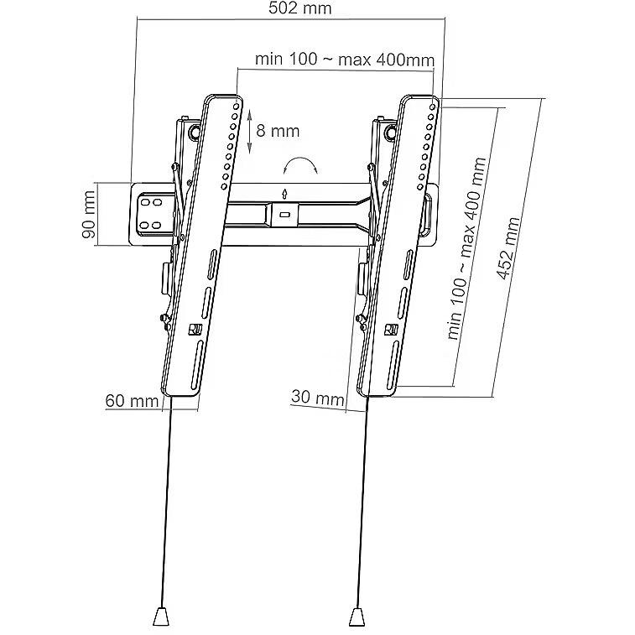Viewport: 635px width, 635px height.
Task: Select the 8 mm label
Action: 278,131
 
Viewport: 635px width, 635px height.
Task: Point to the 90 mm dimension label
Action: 88,215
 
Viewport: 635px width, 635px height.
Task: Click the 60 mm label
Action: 132,401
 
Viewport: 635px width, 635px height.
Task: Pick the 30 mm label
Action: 317,397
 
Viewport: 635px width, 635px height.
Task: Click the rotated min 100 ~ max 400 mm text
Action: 466,248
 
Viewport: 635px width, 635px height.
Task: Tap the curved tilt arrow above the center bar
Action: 299,164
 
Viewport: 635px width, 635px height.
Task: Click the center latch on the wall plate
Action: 284,214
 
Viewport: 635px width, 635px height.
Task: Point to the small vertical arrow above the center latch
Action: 285,194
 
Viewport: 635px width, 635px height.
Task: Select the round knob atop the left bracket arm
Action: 195,132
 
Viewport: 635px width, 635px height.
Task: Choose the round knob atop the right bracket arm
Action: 391,133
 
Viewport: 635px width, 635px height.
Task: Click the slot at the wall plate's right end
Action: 429,216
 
